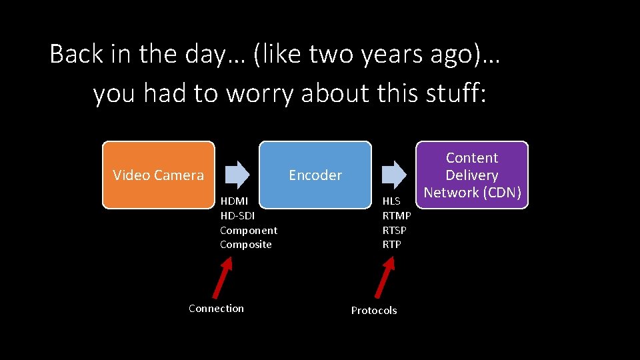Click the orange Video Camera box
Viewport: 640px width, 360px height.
click(158, 175)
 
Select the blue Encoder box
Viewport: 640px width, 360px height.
click(315, 175)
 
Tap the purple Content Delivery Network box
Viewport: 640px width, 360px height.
click(472, 175)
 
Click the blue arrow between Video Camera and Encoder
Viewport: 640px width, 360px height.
click(237, 175)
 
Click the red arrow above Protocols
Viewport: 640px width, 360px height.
click(385, 277)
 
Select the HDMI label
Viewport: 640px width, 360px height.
click(234, 201)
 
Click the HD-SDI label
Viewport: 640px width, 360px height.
click(237, 215)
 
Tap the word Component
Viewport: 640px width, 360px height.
click(249, 230)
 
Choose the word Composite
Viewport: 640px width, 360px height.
click(246, 245)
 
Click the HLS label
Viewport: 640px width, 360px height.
click(391, 201)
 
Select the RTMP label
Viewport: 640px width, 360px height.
click(397, 215)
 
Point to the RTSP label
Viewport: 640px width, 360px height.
click(394, 230)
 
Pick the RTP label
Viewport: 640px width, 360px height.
click(391, 245)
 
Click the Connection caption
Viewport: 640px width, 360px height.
click(216, 308)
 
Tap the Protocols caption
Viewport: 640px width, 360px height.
click(374, 311)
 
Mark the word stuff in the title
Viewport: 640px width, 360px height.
click(455, 94)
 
